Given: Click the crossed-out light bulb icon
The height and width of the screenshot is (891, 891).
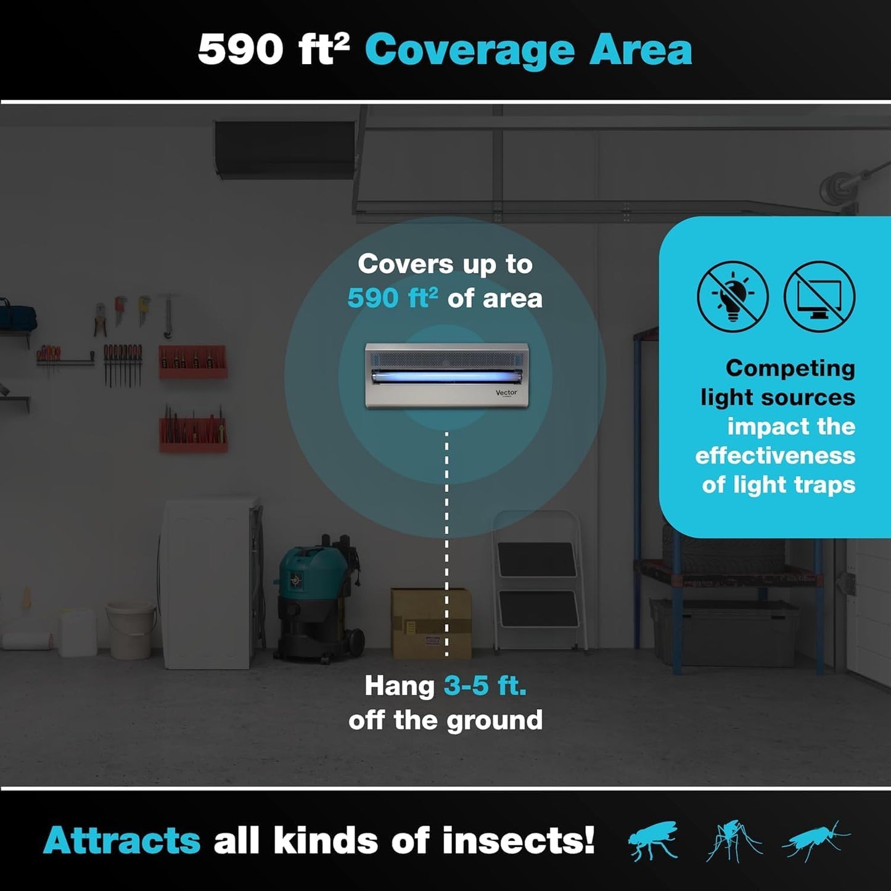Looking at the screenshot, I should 733,296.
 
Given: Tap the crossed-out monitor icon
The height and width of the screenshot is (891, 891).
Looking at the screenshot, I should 819,296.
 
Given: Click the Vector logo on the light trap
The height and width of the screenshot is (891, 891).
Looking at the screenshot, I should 506,393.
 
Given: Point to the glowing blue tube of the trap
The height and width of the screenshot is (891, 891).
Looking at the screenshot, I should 446,376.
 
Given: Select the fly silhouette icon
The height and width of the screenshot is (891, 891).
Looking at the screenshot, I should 652,840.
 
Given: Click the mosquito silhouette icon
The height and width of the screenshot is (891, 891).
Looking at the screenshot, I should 734,840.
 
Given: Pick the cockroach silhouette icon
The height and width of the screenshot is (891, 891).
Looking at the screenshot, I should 815,840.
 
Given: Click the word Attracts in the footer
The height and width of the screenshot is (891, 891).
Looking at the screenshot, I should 121,840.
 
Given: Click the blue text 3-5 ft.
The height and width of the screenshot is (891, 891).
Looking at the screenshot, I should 485,686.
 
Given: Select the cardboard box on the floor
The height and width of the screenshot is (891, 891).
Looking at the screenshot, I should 431,623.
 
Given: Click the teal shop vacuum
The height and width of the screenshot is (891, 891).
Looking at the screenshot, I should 314,598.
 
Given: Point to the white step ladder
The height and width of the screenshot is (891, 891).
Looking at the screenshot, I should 538,580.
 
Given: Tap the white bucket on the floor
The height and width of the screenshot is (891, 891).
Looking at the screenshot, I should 131,630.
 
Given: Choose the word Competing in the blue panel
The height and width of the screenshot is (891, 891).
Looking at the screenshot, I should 790,368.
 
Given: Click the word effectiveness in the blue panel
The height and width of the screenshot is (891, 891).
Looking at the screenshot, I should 775,456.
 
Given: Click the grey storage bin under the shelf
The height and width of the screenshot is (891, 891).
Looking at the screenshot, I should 725,632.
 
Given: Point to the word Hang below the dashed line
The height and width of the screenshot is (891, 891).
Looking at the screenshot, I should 399,686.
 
